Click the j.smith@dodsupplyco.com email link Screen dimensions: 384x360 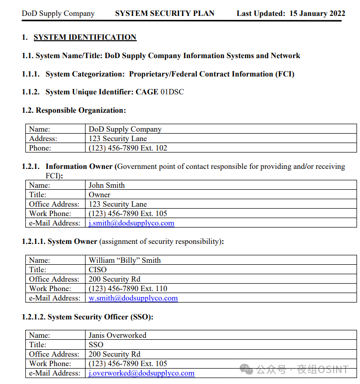click(x=131, y=223)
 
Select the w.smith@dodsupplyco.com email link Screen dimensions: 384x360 click(x=133, y=298)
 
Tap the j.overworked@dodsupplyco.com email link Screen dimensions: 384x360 click(x=141, y=373)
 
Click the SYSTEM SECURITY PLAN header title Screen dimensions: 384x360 click(x=165, y=13)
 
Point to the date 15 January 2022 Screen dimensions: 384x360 click(x=317, y=13)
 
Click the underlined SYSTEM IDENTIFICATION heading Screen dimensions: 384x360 click(x=85, y=37)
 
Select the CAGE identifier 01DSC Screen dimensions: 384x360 click(x=172, y=92)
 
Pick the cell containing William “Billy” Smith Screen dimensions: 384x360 click(x=124, y=260)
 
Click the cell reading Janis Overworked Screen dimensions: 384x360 click(x=117, y=335)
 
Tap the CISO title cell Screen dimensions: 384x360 click(x=97, y=270)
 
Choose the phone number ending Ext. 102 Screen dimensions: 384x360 click(x=128, y=148)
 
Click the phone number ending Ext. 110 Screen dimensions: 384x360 click(x=128, y=289)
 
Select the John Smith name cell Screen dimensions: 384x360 click(x=106, y=185)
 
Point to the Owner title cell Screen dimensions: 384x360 click(x=99, y=195)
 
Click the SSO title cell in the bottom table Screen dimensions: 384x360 click(x=96, y=345)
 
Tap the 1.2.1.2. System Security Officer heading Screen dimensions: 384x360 click(x=88, y=317)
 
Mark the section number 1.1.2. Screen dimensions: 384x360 click(x=30, y=92)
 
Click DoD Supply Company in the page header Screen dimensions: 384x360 click(x=58, y=13)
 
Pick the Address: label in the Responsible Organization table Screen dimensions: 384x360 click(x=43, y=139)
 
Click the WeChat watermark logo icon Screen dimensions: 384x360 click(x=246, y=369)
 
